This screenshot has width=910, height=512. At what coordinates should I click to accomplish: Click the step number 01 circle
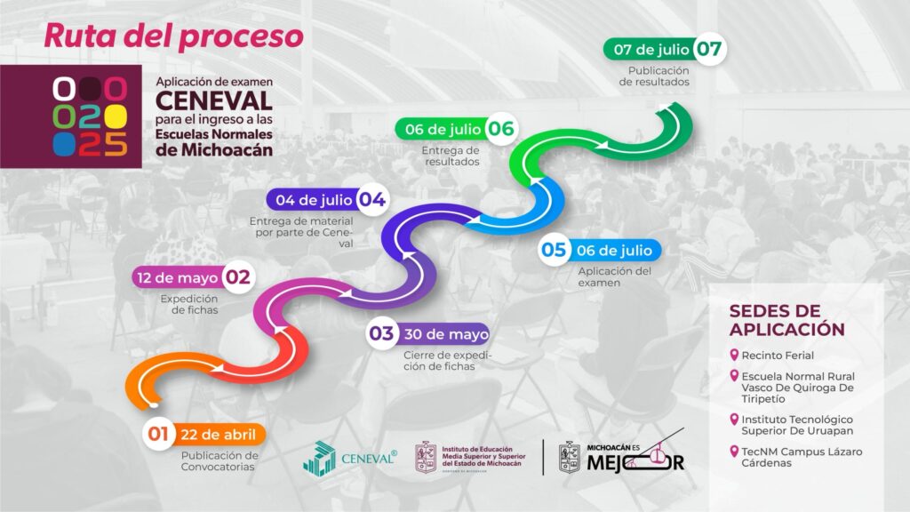tap(158, 434)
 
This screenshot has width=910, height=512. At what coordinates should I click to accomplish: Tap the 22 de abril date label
tap(219, 435)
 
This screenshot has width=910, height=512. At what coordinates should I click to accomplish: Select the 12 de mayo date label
tap(178, 278)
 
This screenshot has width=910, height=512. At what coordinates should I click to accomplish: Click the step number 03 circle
tap(381, 334)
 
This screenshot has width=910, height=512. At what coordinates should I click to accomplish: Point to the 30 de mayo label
tap(447, 334)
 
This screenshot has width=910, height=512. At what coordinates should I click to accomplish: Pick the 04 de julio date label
tap(314, 200)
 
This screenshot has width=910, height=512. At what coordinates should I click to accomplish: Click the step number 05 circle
tap(554, 250)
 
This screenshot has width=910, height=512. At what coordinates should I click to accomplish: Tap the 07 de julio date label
tap(651, 50)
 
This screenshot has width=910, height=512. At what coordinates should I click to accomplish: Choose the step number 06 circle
tap(501, 129)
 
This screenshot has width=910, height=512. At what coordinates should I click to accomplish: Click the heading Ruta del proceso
tap(173, 36)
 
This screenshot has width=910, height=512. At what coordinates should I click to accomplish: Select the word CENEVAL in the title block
tap(213, 101)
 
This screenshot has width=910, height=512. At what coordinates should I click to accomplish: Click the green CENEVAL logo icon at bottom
tap(320, 459)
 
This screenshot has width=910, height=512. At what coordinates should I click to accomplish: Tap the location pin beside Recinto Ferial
tap(734, 355)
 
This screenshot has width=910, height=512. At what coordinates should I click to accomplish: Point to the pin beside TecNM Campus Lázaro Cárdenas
tap(734, 451)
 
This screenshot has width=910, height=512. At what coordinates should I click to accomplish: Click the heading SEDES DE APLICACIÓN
tap(787, 320)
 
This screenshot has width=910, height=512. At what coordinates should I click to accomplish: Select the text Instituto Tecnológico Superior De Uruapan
tap(797, 425)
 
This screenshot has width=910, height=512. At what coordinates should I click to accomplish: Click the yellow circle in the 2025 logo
tap(116, 116)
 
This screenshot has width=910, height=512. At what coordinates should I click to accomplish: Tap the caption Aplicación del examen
tap(615, 277)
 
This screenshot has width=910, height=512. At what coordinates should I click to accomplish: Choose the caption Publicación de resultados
tap(654, 76)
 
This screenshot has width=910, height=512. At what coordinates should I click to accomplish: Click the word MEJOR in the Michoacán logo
tap(635, 462)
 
